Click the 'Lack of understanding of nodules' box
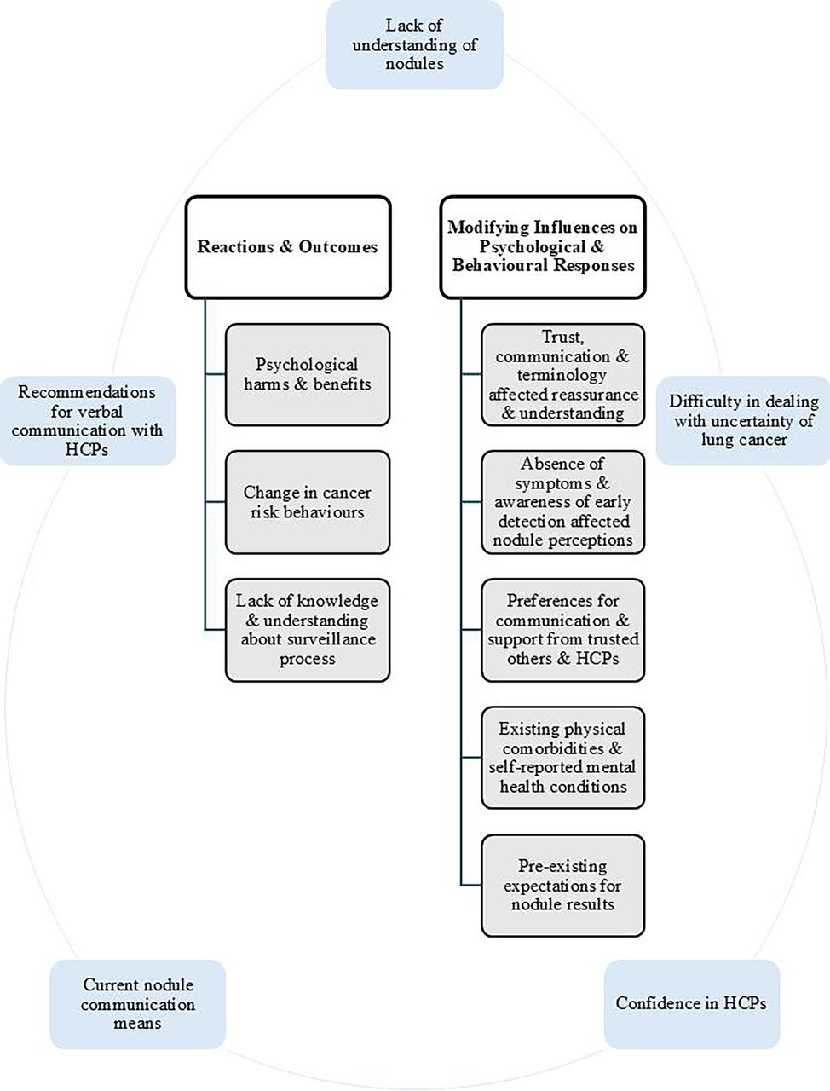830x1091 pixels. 414,44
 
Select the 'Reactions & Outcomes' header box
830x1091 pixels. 288,247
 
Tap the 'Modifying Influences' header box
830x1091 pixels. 543,247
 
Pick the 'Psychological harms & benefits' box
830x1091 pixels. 307,375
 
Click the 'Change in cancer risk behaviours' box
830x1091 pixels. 307,502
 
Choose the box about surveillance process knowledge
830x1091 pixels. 307,630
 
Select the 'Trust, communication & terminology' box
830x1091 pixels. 562,375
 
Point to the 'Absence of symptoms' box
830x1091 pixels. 562,502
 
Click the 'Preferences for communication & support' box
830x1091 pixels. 562,630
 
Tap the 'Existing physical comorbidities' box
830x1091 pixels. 562,758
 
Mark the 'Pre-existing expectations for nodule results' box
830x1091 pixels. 562,886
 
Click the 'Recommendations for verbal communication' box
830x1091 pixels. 87,421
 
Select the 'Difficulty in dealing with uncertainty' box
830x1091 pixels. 743,421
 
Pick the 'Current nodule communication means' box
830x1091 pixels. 137,1004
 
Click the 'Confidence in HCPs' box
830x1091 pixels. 691,1004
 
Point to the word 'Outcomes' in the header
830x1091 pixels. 337,247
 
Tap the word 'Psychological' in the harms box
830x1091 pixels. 307,365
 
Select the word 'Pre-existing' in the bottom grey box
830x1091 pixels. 562,867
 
